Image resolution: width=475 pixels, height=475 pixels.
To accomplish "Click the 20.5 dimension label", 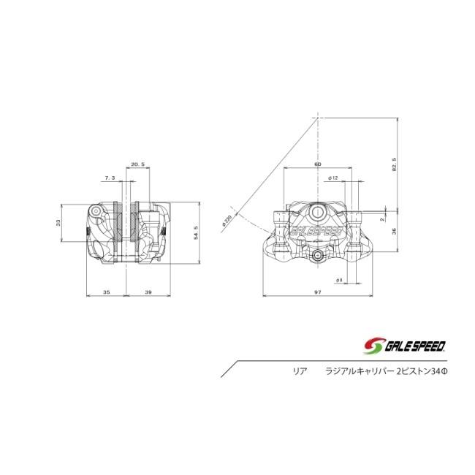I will [x=137, y=164].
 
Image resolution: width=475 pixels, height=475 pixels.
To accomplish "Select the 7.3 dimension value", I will [x=110, y=178].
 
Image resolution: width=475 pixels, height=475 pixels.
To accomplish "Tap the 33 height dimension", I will [x=58, y=223].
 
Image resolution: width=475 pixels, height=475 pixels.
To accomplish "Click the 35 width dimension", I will [x=106, y=292].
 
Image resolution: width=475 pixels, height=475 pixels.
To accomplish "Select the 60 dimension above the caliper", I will [x=318, y=164].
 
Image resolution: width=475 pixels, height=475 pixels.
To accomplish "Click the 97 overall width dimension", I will [x=318, y=292].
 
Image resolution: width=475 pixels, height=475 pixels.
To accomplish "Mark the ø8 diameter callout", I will [x=340, y=279].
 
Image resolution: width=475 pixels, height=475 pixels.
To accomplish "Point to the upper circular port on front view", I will [x=319, y=211].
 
